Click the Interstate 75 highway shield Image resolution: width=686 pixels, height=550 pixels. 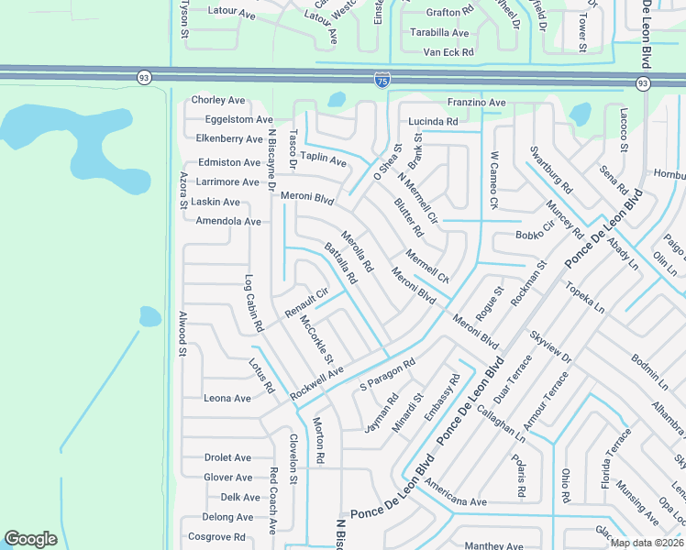click(x=382, y=82)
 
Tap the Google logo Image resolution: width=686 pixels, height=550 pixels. click(x=30, y=539)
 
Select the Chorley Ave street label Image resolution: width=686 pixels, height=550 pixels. click(x=218, y=100)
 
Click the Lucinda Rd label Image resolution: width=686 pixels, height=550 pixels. click(x=433, y=121)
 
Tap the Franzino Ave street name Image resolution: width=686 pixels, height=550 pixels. click(x=476, y=103)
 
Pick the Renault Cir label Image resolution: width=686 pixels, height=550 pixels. click(x=306, y=303)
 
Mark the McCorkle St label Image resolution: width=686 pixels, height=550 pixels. click(x=316, y=339)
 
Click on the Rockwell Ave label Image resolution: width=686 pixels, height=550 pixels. click(x=316, y=382)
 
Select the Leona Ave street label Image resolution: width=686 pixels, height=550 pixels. click(x=227, y=399)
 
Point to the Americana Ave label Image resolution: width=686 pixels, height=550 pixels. click(x=456, y=502)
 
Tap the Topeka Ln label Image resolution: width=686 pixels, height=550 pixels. click(x=586, y=297)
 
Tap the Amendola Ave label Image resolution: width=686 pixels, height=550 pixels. click(x=228, y=222)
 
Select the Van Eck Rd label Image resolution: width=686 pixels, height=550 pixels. click(x=448, y=52)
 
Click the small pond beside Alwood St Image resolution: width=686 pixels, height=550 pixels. click(x=149, y=317)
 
